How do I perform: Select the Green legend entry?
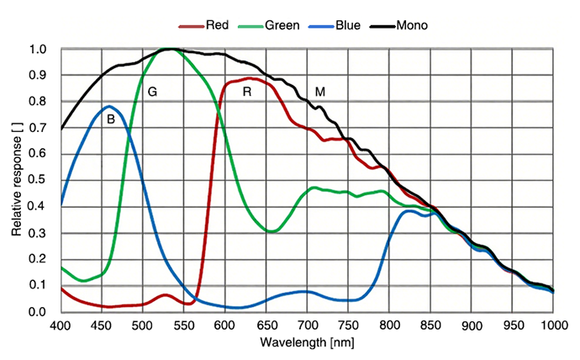click(283, 25)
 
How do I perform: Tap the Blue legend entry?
click(347, 25)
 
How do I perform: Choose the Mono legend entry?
click(413, 25)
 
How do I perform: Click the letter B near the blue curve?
click(110, 119)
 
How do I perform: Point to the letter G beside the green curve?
click(152, 91)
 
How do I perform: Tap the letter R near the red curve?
click(247, 91)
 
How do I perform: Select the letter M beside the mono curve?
click(320, 91)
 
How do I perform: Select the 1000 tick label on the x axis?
click(552, 325)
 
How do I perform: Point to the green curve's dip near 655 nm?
click(271, 230)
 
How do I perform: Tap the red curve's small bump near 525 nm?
click(165, 295)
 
